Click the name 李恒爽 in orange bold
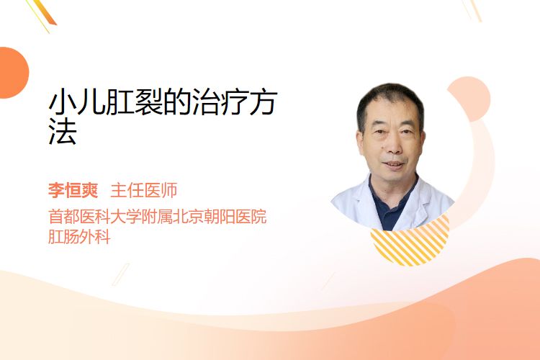(x=73, y=190)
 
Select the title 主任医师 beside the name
(x=143, y=190)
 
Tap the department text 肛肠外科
(x=79, y=237)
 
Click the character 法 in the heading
(x=63, y=131)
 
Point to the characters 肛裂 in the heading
(x=135, y=102)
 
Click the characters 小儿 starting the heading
(x=77, y=102)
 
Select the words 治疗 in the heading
(x=220, y=102)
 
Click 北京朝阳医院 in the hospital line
(x=220, y=217)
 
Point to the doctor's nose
(x=394, y=146)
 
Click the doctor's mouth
(x=394, y=164)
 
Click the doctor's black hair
(x=390, y=100)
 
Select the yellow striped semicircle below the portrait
(x=410, y=245)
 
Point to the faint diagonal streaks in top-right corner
(x=472, y=10)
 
